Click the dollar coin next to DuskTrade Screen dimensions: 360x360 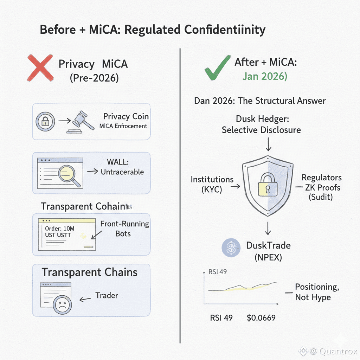point(231,247)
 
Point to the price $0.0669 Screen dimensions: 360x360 point(261,318)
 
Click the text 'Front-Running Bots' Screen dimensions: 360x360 point(124,229)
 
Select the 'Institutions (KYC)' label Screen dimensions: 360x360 point(212,185)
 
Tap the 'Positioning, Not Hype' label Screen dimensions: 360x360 point(317,292)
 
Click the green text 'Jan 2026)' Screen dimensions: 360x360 point(265,76)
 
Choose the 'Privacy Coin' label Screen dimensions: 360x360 point(126,117)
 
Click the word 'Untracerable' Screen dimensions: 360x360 point(122,172)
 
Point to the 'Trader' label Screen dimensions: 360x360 point(107,295)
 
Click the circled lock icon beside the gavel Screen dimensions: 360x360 point(45,122)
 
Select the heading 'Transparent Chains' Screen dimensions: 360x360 point(90,272)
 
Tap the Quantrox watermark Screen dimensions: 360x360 point(328,351)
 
